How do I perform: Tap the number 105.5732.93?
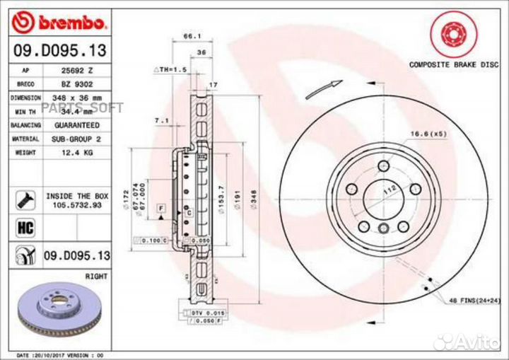tap(76, 204)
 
